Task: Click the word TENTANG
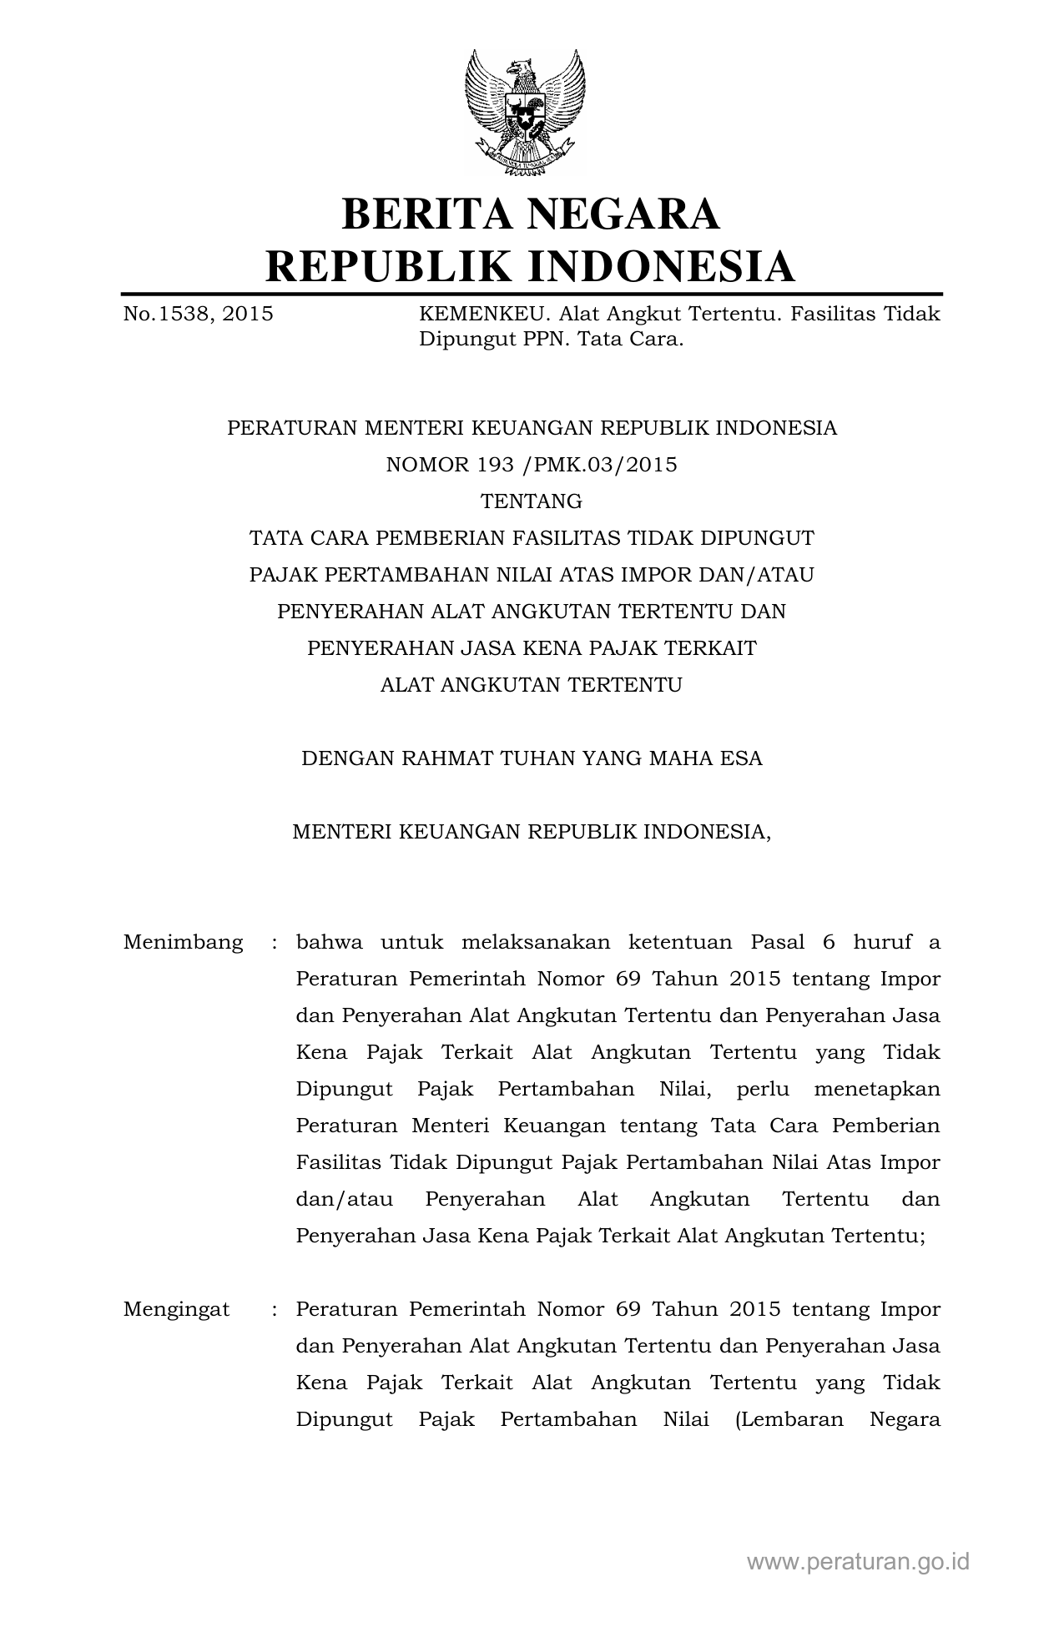point(532,501)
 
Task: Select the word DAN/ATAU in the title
point(752,575)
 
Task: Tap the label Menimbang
point(184,943)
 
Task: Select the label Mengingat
point(177,1310)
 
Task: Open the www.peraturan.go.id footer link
point(858,1561)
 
